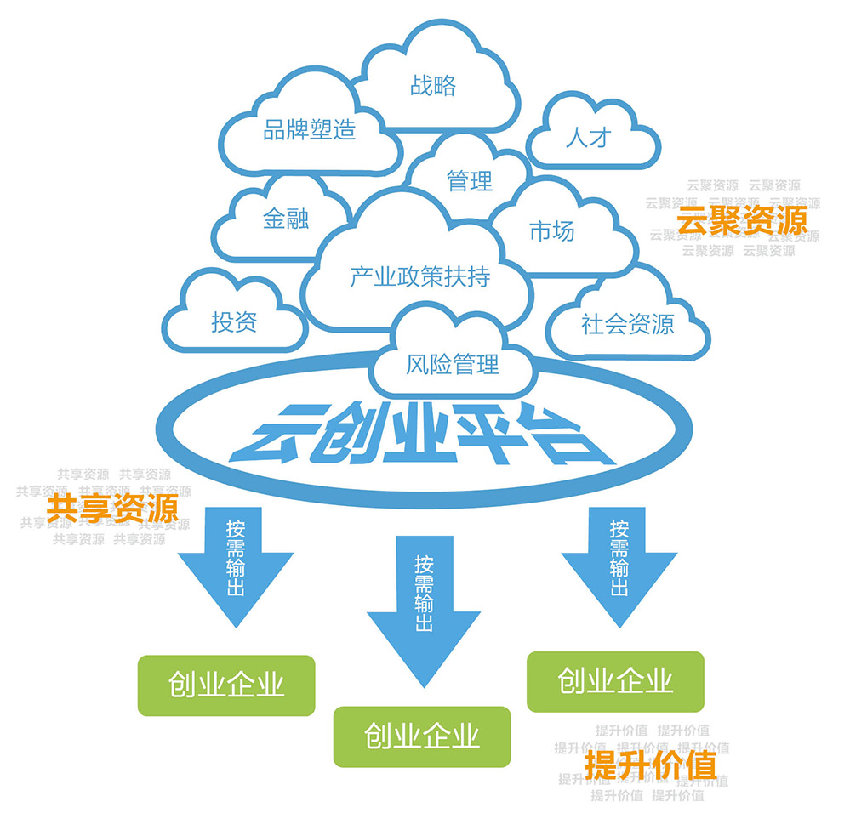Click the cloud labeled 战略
pos(433,85)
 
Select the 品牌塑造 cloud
pos(309,130)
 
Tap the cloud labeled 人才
pos(589,137)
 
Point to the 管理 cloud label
pos(470,180)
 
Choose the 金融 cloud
pos(286,219)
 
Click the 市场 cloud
pos(551,230)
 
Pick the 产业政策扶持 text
pos(420,276)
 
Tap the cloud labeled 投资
pos(234,322)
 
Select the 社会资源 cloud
pos(627,323)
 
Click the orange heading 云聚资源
pos(741,221)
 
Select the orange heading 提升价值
pos(651,765)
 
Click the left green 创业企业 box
pos(226,685)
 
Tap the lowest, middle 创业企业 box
pos(422,735)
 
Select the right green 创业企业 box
pos(615,680)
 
